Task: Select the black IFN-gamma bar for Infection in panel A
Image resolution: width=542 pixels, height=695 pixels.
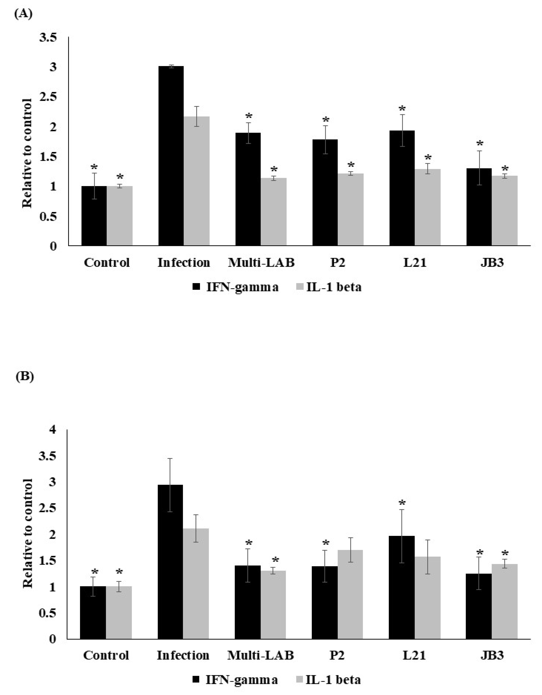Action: coord(171,156)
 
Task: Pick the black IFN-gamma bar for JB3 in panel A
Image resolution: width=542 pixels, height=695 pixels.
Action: coord(479,207)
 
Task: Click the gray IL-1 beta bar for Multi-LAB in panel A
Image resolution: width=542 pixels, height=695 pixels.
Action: coord(274,212)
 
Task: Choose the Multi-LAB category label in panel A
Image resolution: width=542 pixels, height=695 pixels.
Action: coord(261,263)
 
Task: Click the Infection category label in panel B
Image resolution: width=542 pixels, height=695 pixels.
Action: coord(183,655)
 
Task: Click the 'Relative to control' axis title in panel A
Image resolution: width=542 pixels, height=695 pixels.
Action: coord(27,153)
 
